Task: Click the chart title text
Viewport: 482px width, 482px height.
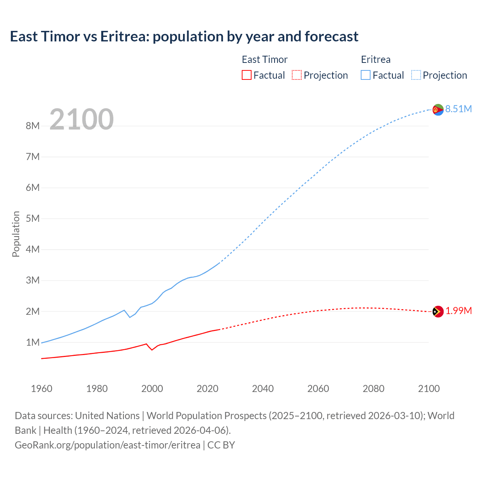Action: pyautogui.click(x=184, y=37)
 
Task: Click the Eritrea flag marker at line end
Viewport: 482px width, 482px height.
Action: pyautogui.click(x=438, y=110)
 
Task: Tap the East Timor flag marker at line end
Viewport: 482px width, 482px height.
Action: pyautogui.click(x=438, y=311)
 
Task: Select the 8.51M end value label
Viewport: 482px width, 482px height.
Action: pyautogui.click(x=458, y=109)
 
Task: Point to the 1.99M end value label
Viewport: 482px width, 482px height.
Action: pyautogui.click(x=458, y=311)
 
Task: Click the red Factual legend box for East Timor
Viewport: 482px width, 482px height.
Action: pyautogui.click(x=246, y=75)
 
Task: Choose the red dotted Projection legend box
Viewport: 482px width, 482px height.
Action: pyautogui.click(x=297, y=75)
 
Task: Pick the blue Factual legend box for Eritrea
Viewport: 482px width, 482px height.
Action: pyautogui.click(x=366, y=75)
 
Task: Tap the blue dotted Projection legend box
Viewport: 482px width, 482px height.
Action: pyautogui.click(x=416, y=75)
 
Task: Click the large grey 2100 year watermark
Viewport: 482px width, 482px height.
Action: pyautogui.click(x=81, y=119)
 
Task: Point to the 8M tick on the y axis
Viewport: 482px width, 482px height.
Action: pyautogui.click(x=33, y=126)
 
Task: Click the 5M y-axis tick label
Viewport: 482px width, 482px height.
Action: pyautogui.click(x=33, y=218)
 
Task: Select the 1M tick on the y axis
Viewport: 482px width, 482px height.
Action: pyautogui.click(x=33, y=342)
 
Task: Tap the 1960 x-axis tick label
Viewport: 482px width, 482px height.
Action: pyautogui.click(x=41, y=389)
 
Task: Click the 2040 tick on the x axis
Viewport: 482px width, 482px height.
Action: pyautogui.click(x=263, y=389)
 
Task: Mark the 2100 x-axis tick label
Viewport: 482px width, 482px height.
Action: pyautogui.click(x=429, y=389)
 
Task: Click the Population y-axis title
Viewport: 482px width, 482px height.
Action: pyautogui.click(x=16, y=234)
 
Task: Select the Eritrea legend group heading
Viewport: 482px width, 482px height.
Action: pyautogui.click(x=375, y=59)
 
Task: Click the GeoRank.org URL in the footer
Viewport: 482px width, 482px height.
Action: pyautogui.click(x=108, y=445)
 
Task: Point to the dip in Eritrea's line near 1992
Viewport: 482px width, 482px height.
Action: pyautogui.click(x=130, y=317)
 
